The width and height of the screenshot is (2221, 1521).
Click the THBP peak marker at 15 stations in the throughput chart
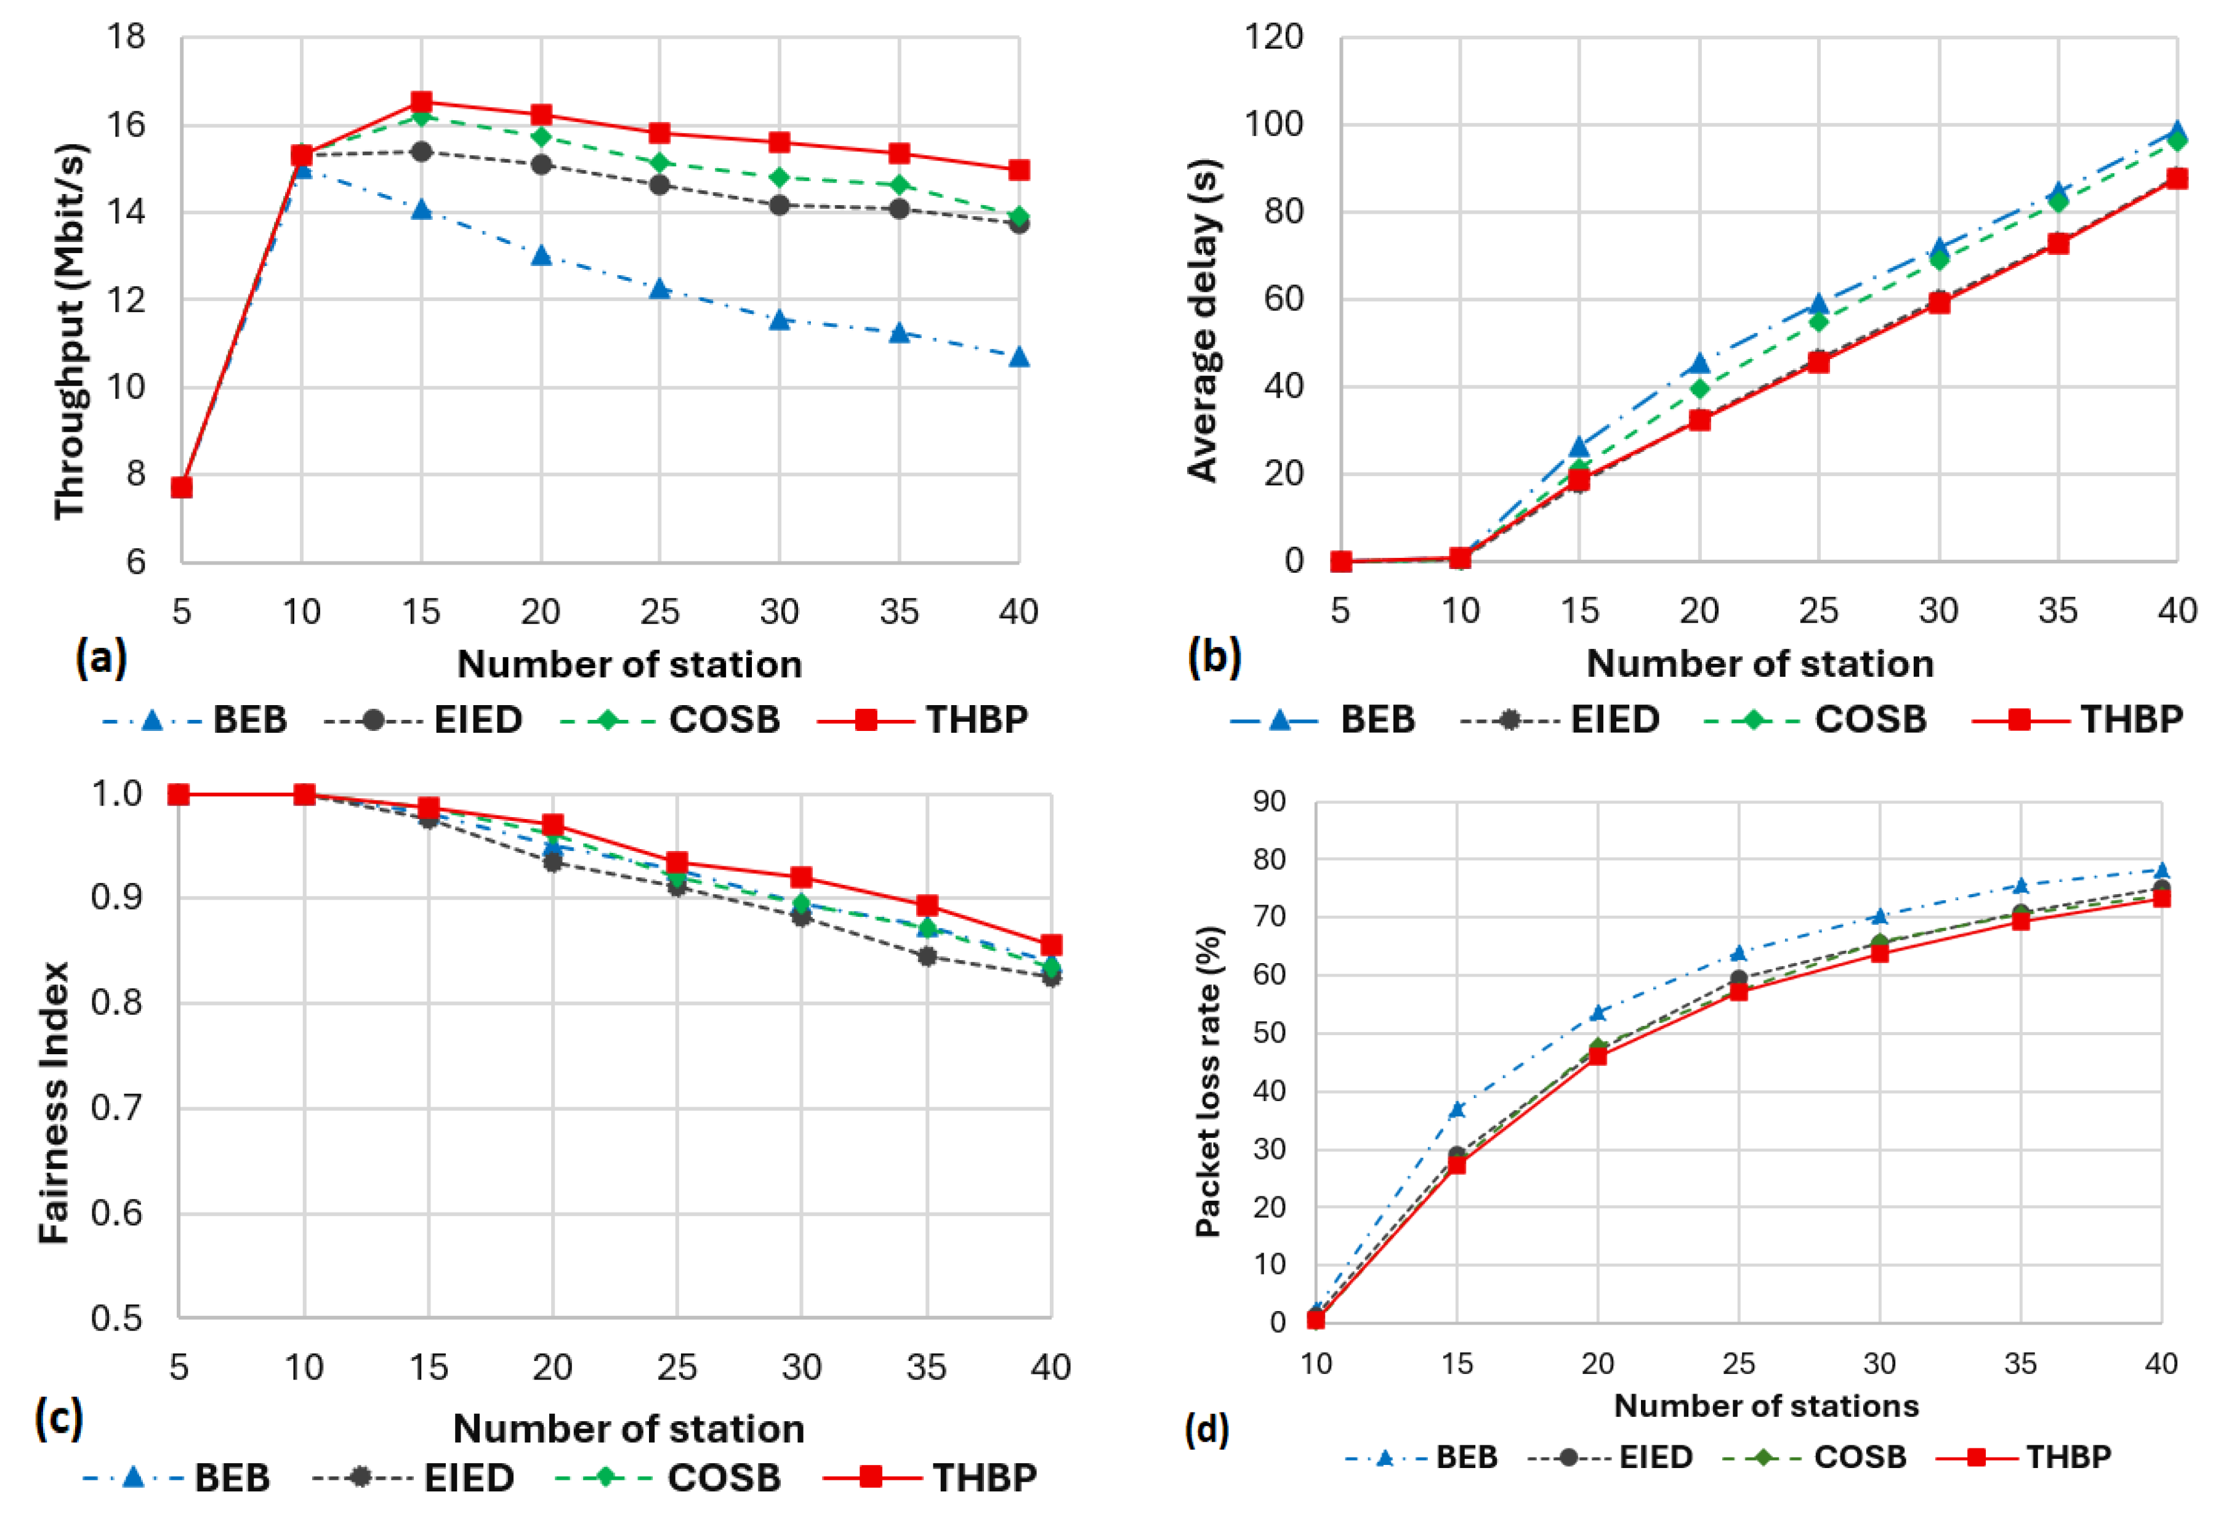pos(421,102)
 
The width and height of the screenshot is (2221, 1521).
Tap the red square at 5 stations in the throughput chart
pos(182,488)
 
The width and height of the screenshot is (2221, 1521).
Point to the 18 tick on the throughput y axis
pos(126,38)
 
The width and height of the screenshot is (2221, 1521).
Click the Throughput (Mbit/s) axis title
pos(70,331)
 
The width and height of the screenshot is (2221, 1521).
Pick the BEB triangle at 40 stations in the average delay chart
pos(2177,131)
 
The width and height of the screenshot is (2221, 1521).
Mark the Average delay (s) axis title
pos(1202,320)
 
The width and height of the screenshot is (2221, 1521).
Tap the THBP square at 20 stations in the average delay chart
pos(1699,420)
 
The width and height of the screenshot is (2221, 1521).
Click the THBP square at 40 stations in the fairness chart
pos(1050,945)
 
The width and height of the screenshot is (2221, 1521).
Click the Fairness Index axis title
pos(54,1101)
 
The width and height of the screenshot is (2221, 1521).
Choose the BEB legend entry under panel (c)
pos(177,1478)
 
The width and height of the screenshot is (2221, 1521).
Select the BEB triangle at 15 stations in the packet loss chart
pos(1456,1110)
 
